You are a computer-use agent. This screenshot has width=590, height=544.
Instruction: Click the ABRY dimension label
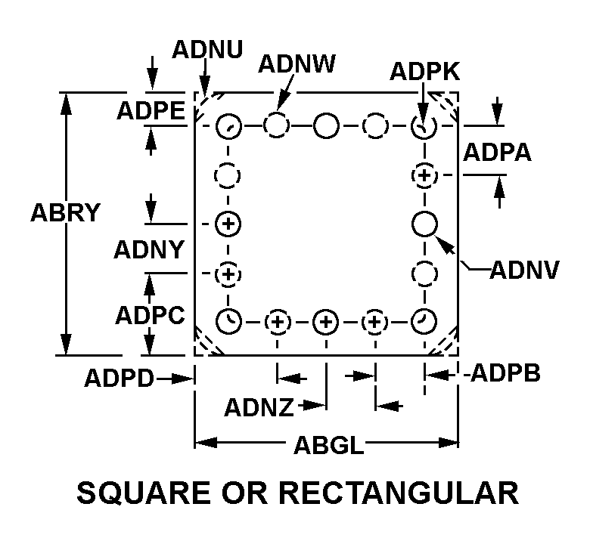tap(65, 213)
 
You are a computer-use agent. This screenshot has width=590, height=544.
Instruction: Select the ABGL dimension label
tap(326, 446)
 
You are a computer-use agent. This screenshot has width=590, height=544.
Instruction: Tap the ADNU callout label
tap(207, 50)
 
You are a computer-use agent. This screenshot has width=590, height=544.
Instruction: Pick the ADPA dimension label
tap(497, 152)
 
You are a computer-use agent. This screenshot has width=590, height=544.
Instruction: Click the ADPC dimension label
tap(150, 315)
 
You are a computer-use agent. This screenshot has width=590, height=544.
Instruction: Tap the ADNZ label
tap(259, 408)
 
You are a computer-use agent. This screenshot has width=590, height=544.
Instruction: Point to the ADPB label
tap(505, 373)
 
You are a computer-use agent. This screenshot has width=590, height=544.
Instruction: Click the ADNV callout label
tap(524, 269)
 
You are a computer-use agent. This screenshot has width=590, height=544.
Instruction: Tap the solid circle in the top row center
tap(326, 126)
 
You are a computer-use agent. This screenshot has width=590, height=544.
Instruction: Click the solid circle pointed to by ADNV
tap(425, 224)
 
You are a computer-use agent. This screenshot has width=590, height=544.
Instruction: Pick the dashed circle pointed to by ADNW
tap(277, 126)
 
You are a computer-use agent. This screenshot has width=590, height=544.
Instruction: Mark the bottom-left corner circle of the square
tap(228, 322)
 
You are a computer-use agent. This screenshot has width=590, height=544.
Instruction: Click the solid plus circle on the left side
tap(228, 224)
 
